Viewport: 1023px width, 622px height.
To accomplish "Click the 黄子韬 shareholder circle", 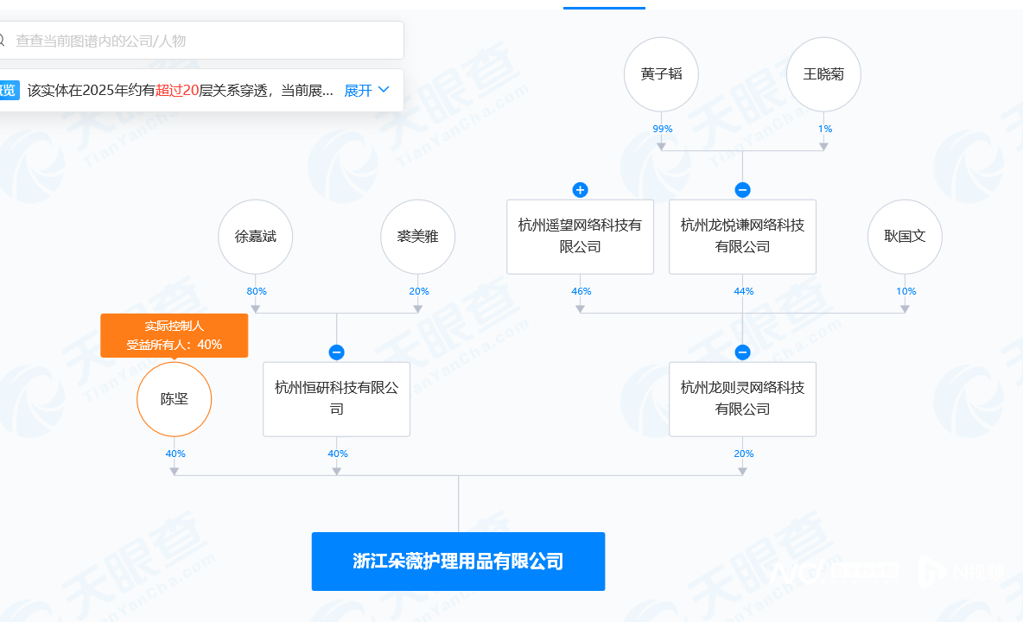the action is pyautogui.click(x=662, y=74).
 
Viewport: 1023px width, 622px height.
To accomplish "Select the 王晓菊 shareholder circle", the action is pyautogui.click(x=824, y=74).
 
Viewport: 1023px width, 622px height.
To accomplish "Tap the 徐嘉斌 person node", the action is pyautogui.click(x=256, y=237).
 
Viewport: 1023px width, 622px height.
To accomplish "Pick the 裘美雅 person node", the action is pyautogui.click(x=418, y=237).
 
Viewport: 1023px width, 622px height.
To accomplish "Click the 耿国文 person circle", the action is pyautogui.click(x=905, y=237).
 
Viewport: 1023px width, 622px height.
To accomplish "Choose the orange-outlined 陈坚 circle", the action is pyautogui.click(x=175, y=399).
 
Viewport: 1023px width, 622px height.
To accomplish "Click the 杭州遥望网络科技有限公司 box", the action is pyautogui.click(x=580, y=237).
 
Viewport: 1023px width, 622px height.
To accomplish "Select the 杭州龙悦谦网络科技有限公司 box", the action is pyautogui.click(x=742, y=237).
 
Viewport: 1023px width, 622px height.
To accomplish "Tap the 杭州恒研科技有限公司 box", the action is pyautogui.click(x=337, y=399).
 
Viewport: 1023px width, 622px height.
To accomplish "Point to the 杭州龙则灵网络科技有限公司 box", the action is pyautogui.click(x=742, y=399).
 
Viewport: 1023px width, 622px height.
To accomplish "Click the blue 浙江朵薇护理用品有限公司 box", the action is pyautogui.click(x=458, y=562).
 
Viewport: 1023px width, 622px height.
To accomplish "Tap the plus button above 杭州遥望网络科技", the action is pyautogui.click(x=580, y=190).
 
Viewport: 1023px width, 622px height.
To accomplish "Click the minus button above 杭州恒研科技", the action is pyautogui.click(x=337, y=352).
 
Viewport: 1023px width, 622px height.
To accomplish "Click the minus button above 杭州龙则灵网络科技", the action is pyautogui.click(x=742, y=352).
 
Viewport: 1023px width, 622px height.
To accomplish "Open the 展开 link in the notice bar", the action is pyautogui.click(x=366, y=91).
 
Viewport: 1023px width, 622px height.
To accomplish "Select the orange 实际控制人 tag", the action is pyautogui.click(x=175, y=336).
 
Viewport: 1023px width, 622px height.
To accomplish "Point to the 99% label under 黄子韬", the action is pyautogui.click(x=662, y=129).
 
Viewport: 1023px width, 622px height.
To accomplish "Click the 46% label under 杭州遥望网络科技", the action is pyautogui.click(x=581, y=291).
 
